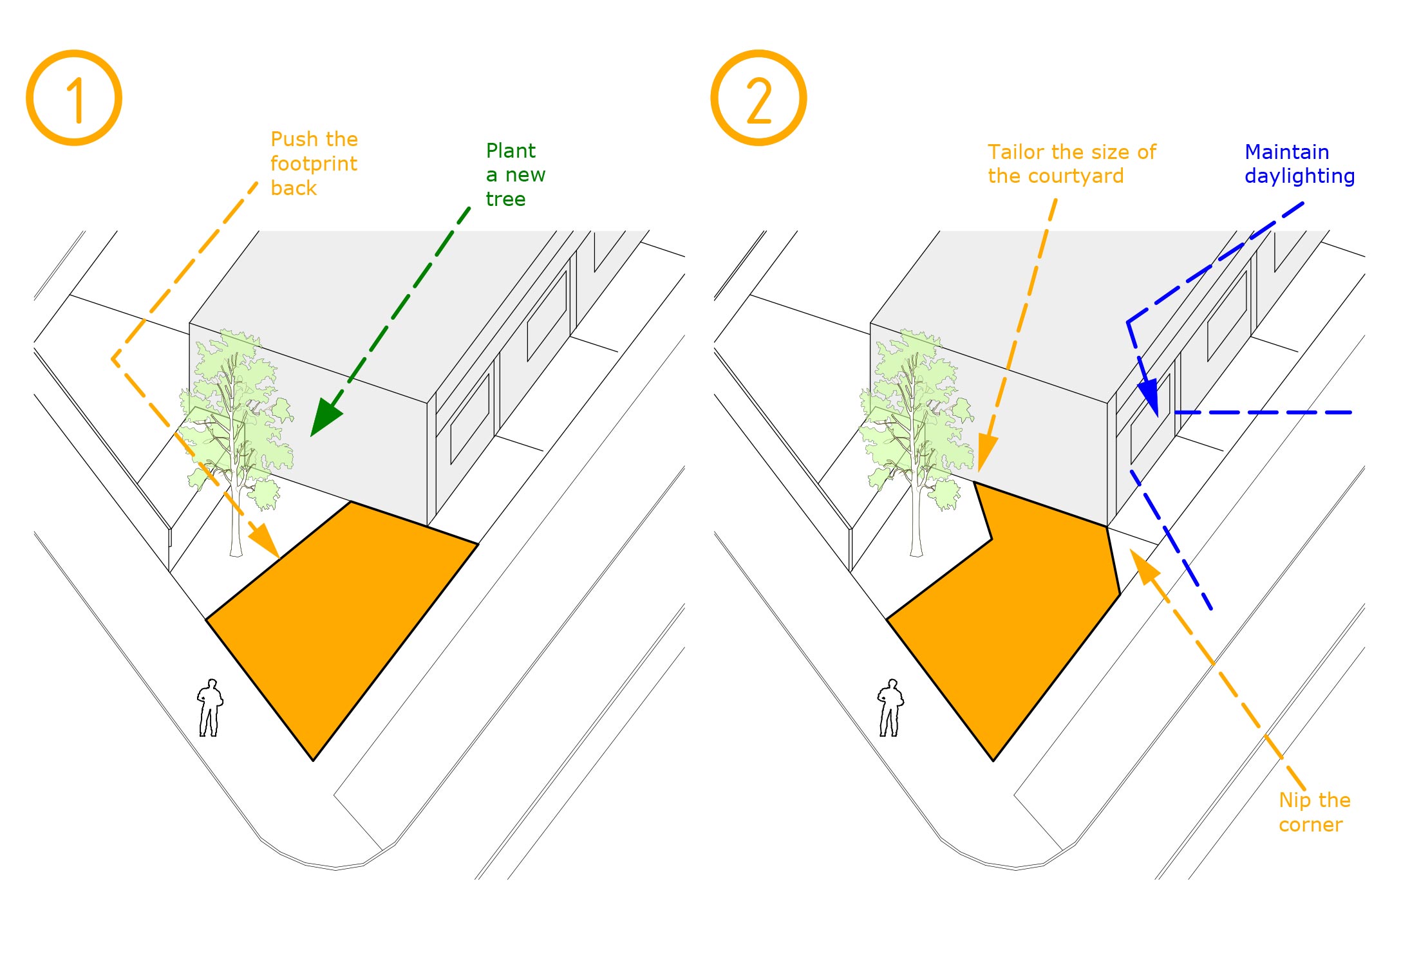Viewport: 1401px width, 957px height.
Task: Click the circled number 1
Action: coord(74,98)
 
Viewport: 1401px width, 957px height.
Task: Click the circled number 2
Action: coord(758,98)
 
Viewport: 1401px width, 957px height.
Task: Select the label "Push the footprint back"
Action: coord(314,163)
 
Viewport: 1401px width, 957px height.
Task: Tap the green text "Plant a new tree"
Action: coord(515,174)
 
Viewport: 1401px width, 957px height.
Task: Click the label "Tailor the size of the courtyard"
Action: coord(1071,164)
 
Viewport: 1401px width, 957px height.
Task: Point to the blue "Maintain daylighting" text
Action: coord(1299,164)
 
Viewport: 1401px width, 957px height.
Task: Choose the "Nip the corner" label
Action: coord(1313,812)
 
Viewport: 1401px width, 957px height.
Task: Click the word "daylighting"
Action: coord(1299,176)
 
